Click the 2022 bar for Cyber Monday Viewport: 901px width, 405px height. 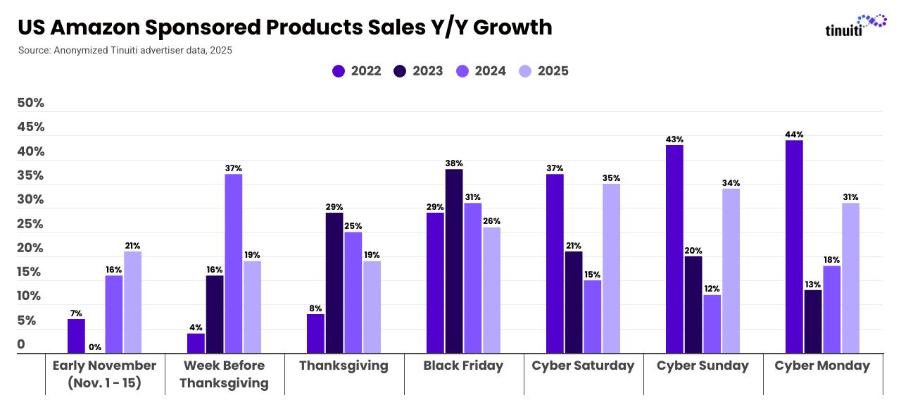794,247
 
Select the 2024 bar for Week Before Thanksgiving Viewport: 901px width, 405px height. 233,263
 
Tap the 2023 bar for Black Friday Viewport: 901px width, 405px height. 454,261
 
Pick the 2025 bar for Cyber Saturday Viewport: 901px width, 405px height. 611,268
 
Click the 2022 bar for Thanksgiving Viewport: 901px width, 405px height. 316,333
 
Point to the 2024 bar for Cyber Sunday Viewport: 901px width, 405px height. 712,323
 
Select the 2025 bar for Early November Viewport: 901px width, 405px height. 132,302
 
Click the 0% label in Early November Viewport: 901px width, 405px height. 95,347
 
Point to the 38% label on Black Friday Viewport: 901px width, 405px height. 454,163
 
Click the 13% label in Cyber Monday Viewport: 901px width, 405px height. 812,285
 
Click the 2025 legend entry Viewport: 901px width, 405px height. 543,71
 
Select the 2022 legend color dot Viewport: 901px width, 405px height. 339,71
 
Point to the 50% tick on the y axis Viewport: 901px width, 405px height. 30,104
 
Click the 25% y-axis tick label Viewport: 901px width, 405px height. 30,225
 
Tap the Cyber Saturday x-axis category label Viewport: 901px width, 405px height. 583,366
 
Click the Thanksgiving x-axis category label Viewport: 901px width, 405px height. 344,366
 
